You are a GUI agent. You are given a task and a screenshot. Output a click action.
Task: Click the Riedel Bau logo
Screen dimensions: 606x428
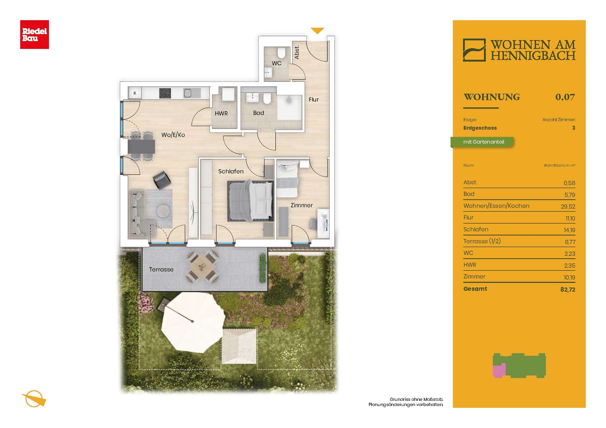pos(34,34)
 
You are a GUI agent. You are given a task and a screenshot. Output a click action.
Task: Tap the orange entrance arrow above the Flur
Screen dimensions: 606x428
pos(317,31)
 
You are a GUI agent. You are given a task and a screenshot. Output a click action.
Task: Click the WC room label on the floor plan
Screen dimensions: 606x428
pos(276,63)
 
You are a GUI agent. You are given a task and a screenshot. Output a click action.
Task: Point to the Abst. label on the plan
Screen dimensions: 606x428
pos(297,52)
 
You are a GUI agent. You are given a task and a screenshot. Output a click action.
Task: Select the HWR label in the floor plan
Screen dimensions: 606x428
pos(221,113)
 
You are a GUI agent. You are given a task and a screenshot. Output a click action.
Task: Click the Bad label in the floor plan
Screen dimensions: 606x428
pos(258,113)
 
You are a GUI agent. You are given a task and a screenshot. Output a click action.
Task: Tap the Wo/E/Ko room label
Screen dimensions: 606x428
pos(173,135)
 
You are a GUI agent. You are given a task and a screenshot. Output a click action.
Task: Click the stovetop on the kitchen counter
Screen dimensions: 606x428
pos(165,93)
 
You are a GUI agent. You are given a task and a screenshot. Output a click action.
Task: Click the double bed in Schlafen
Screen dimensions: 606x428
pos(250,201)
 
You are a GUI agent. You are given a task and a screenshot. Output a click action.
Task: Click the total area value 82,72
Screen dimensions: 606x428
pos(568,289)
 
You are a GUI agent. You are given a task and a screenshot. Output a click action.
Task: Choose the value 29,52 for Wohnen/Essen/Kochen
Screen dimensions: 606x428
pos(568,206)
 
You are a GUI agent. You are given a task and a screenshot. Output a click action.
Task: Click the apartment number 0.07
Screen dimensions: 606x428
pos(565,97)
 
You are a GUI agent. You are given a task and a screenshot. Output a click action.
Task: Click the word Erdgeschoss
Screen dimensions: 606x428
pos(480,128)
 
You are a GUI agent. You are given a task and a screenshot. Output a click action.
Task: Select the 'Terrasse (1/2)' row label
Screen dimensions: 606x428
pos(482,241)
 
